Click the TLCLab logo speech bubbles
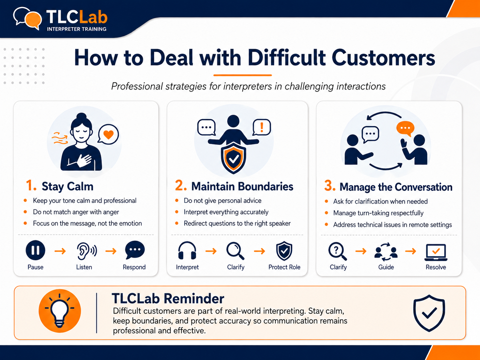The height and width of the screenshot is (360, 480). tap(27, 18)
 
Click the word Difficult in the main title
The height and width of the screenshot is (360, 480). tap(286, 58)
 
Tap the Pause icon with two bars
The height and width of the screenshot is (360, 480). tap(35, 250)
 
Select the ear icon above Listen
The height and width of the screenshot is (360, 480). tap(87, 251)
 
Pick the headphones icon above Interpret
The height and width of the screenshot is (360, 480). tap(187, 251)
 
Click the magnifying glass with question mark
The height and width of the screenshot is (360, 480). tap(337, 251)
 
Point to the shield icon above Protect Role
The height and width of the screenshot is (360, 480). tap(284, 251)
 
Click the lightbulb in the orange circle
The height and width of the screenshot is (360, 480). tap(59, 311)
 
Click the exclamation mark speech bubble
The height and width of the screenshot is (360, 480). tap(262, 127)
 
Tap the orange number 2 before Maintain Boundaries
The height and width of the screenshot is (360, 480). tap(181, 186)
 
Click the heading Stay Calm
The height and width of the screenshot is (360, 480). tap(67, 186)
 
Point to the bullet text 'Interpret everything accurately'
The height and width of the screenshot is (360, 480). tap(226, 212)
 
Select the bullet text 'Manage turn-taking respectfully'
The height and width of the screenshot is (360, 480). tap(378, 213)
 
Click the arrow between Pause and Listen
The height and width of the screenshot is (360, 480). tap(60, 251)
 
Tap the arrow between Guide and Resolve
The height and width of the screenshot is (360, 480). tap(410, 251)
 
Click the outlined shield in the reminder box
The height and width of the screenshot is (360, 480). tap(429, 313)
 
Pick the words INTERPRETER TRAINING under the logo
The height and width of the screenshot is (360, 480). tap(77, 29)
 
